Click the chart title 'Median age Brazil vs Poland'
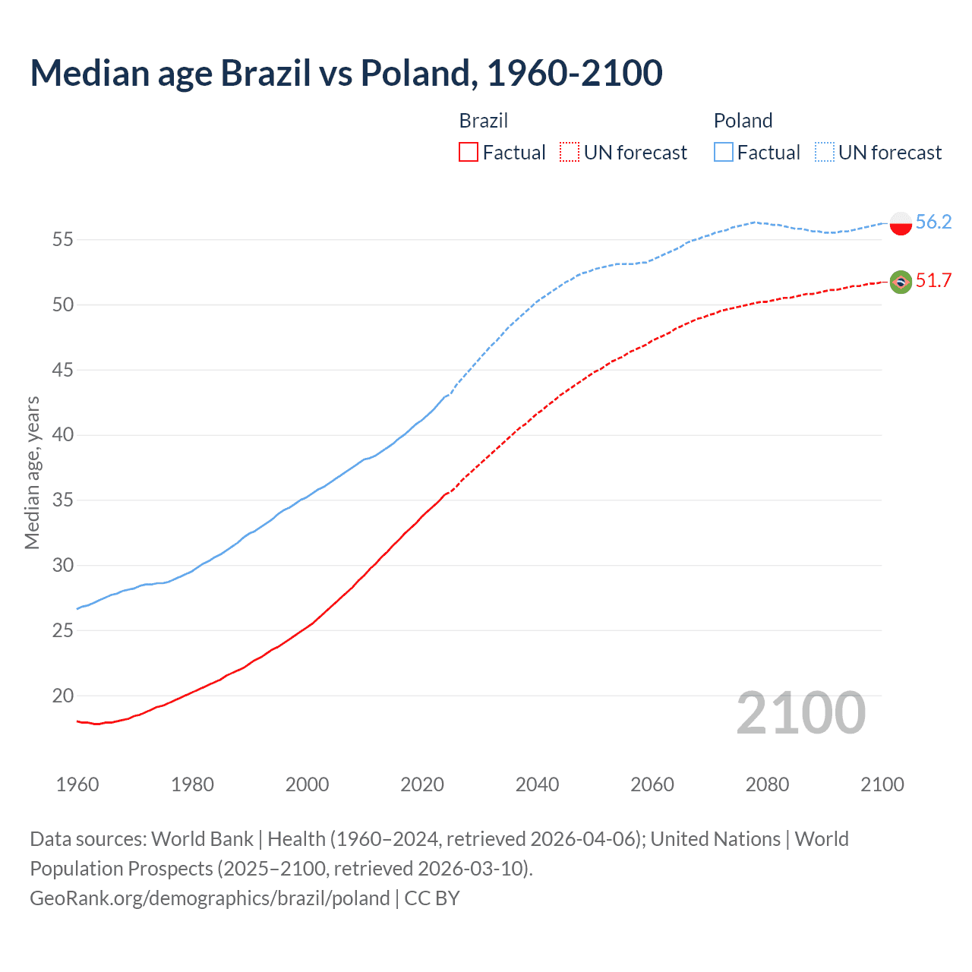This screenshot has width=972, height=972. point(346,74)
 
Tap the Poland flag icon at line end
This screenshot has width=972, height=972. point(900,222)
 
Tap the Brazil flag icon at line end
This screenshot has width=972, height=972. point(900,282)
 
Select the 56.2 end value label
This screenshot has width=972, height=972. point(933,222)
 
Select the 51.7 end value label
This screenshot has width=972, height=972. point(933,281)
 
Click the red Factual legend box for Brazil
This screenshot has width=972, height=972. point(469,153)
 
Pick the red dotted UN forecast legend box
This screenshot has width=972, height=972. point(570,153)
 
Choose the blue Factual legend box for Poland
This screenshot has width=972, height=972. point(724,153)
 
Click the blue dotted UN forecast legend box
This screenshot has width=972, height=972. point(825,153)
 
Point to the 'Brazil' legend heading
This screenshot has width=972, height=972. point(484,121)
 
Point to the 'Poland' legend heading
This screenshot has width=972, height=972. point(743,121)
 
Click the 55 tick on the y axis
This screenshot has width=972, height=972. point(62,240)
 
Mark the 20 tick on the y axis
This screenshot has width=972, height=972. point(62,696)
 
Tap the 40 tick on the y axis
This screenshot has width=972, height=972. point(62,435)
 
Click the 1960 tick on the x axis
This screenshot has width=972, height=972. point(77,784)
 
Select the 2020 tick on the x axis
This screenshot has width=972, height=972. point(422,784)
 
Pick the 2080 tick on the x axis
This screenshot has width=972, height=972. point(767,784)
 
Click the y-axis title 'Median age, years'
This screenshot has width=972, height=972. point(32,472)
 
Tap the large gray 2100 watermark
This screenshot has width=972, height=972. point(801,713)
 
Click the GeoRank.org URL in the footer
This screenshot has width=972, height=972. point(210,898)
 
